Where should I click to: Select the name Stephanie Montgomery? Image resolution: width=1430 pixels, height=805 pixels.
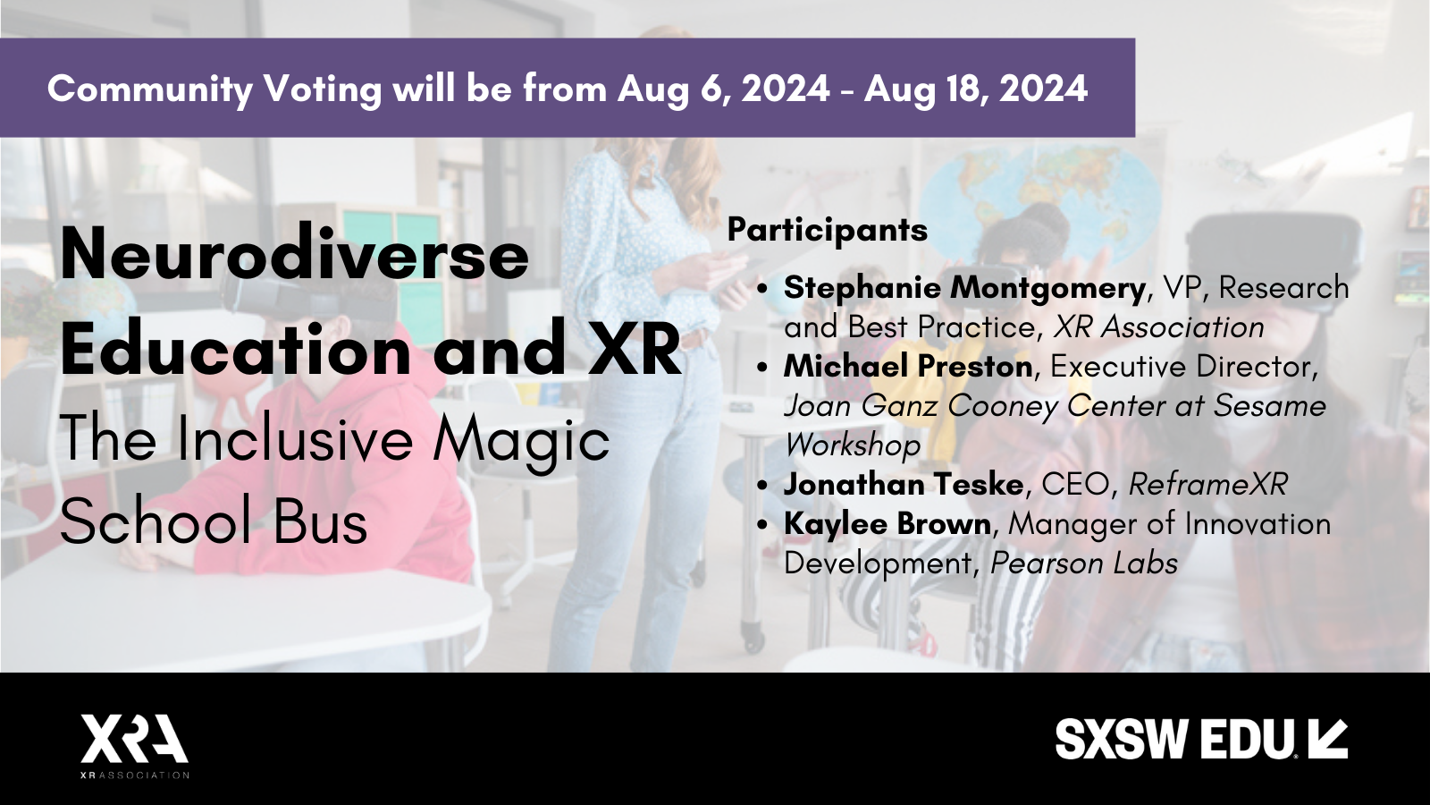coord(964,289)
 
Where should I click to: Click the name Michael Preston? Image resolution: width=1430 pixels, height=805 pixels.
coord(908,367)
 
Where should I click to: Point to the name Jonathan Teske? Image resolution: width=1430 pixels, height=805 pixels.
coord(904,484)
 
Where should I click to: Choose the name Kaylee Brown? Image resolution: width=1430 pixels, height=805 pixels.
coord(887,524)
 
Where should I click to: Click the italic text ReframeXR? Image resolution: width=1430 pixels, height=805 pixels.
coord(1207,484)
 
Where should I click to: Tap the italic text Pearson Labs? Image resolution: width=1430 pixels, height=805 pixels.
coord(1084,563)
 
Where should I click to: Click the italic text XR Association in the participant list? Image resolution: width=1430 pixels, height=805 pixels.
coord(1158,327)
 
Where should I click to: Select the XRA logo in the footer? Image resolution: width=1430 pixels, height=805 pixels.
coord(135,746)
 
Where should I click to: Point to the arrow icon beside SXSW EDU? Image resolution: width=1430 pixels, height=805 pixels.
coord(1326,739)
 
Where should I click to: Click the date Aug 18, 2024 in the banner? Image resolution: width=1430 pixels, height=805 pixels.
coord(976,89)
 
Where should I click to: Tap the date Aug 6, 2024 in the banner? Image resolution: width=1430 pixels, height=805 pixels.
coord(723,89)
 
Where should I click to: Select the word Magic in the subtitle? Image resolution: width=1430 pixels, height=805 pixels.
coord(521,442)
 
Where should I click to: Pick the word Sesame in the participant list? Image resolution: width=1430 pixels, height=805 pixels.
coord(1269,406)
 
